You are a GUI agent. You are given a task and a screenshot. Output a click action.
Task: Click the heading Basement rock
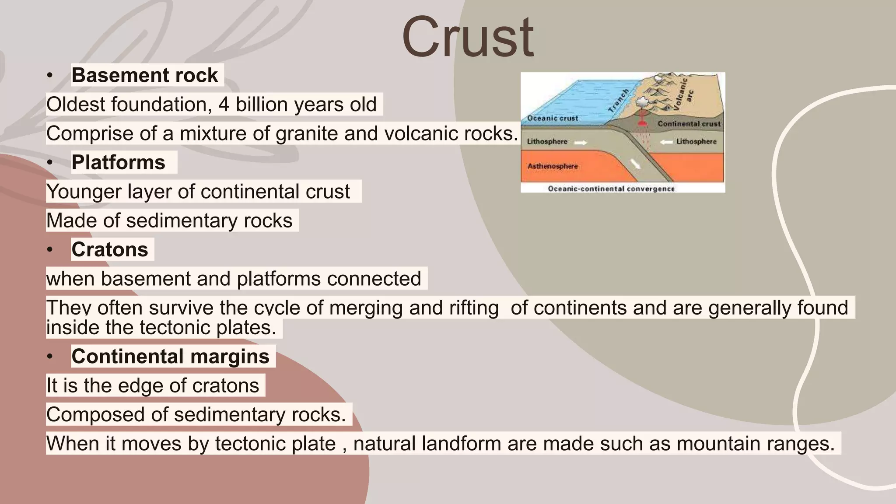[144, 75]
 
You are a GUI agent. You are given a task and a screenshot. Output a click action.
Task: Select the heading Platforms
[118, 162]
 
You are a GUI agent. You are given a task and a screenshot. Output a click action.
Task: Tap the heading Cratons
[109, 249]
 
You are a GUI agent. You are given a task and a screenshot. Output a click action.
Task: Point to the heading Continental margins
[170, 356]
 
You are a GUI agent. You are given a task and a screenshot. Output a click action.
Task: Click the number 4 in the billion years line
[224, 105]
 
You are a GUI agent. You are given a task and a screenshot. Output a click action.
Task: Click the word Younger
[84, 192]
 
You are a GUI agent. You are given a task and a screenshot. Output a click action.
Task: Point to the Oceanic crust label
[552, 118]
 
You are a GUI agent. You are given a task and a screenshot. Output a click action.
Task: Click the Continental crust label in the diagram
[689, 124]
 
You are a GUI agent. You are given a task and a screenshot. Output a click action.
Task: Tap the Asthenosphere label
[552, 166]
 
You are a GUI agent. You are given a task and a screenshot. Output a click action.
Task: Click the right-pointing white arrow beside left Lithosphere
[581, 142]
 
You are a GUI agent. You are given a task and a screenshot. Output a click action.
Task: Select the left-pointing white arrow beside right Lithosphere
[666, 142]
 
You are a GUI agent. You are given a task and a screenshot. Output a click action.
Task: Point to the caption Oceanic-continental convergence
[611, 189]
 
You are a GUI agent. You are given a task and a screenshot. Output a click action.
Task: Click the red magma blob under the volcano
[642, 121]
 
